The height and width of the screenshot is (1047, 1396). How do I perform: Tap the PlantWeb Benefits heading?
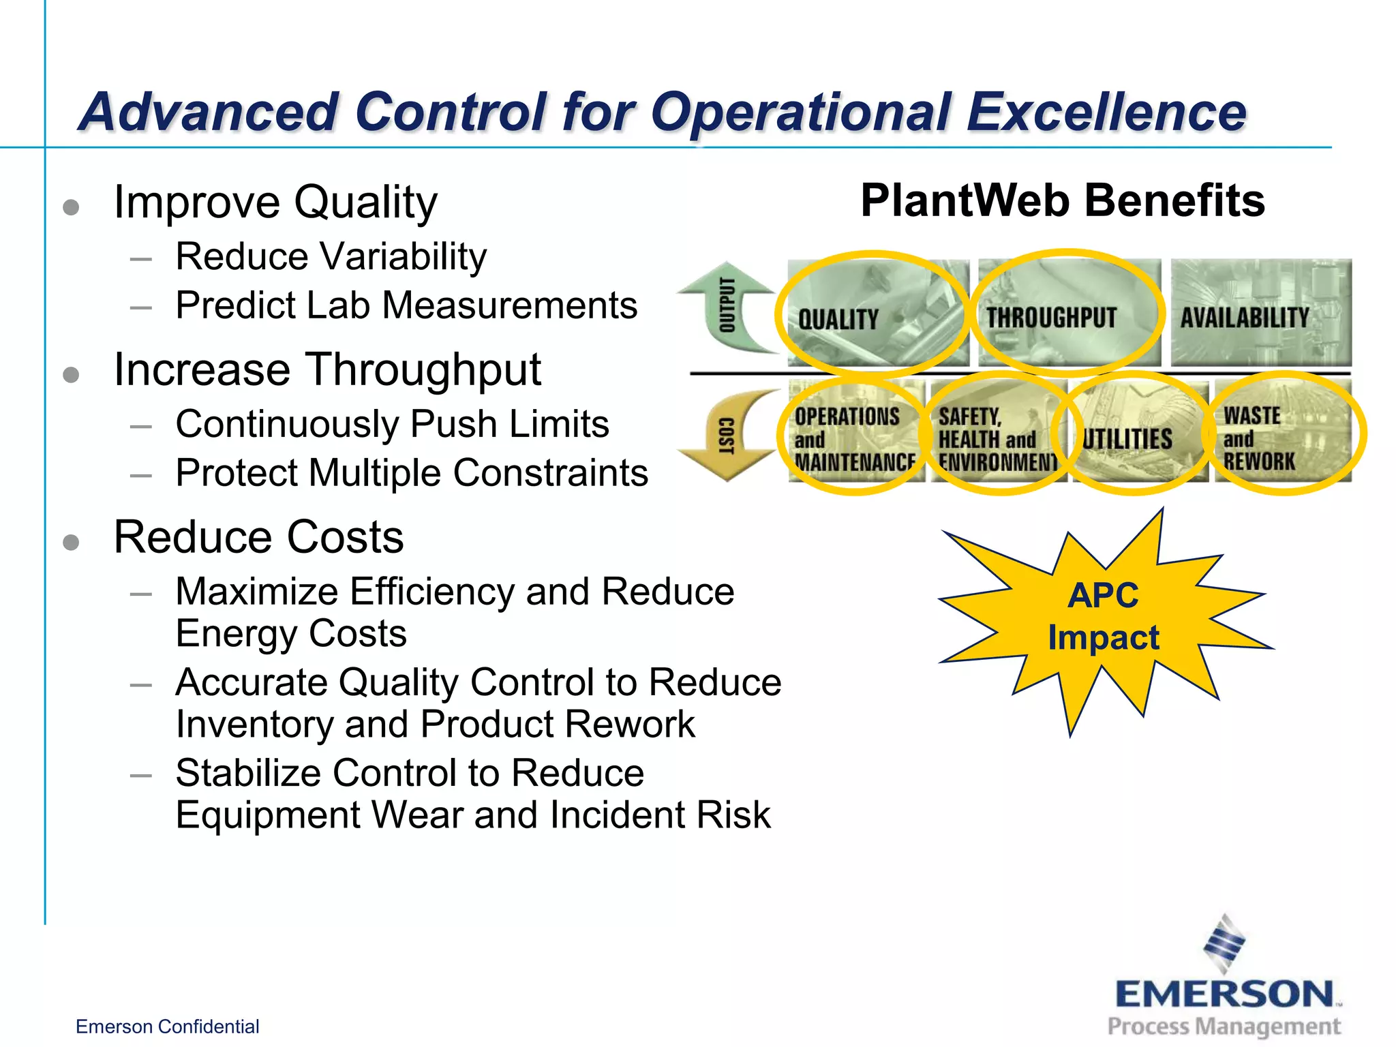(x=1062, y=201)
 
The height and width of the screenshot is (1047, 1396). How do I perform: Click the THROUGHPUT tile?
(x=1068, y=314)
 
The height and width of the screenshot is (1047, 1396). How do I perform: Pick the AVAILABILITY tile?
(x=1260, y=314)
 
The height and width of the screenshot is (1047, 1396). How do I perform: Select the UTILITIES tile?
(x=1137, y=434)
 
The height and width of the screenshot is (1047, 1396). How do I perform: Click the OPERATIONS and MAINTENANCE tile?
(x=855, y=434)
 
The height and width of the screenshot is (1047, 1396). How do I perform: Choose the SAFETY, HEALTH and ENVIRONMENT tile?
(x=997, y=434)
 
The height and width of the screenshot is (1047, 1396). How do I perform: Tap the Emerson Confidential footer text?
(x=167, y=1027)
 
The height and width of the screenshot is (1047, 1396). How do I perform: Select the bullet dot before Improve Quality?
(x=71, y=207)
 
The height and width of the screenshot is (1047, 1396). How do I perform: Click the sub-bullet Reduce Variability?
(x=331, y=257)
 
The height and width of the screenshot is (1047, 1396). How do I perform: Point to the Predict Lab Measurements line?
(x=406, y=305)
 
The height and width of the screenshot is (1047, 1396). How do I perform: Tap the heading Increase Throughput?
(x=327, y=370)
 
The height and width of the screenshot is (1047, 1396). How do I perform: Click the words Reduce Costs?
(x=259, y=537)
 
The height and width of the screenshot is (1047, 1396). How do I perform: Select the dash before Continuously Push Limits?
(x=141, y=427)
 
